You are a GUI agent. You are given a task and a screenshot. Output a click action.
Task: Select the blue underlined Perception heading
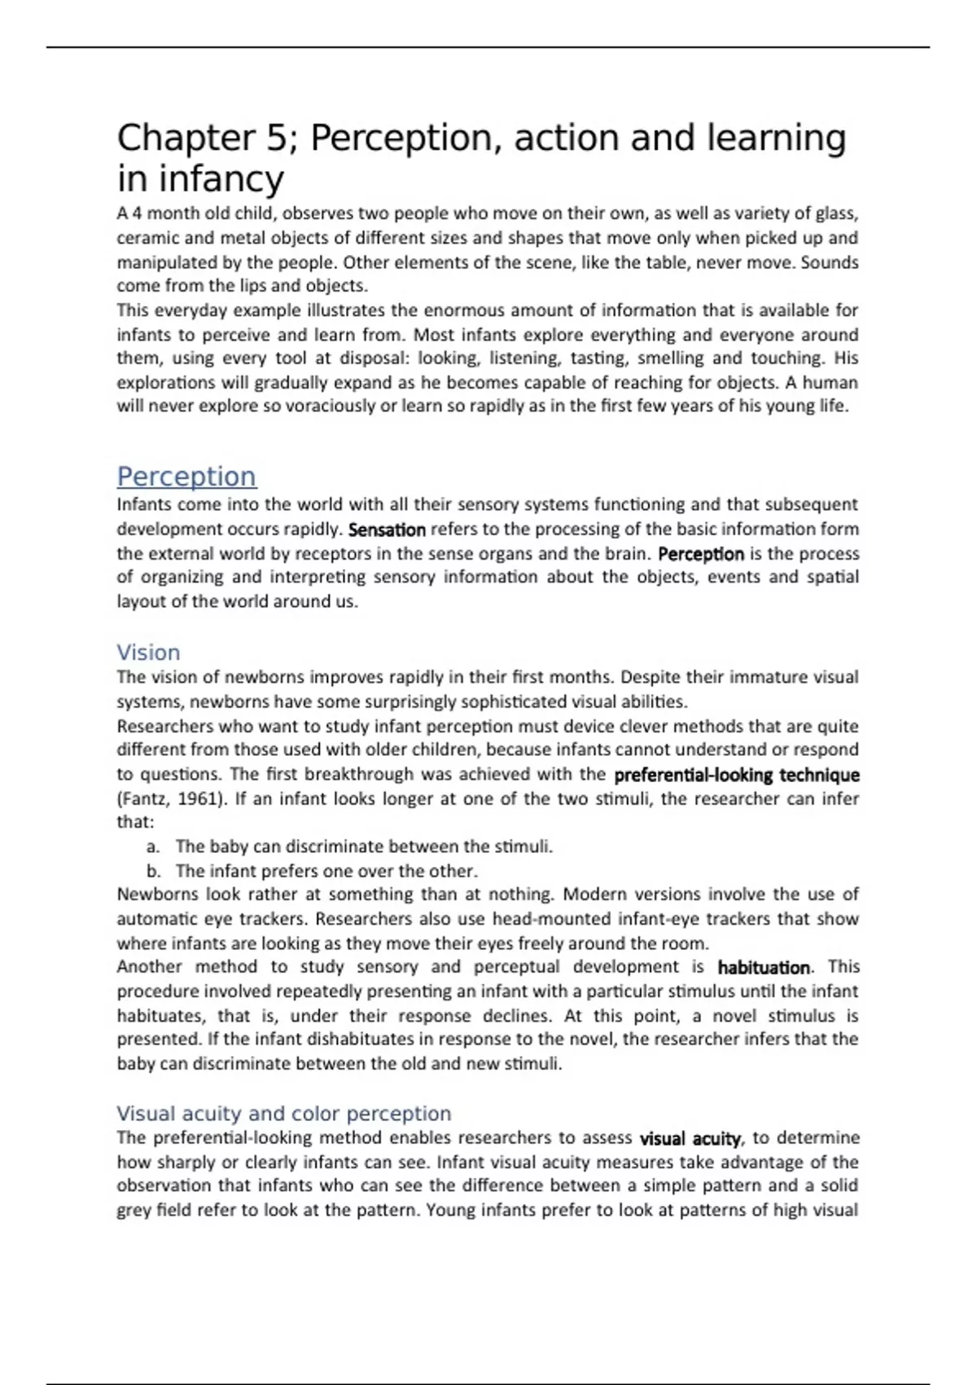186,476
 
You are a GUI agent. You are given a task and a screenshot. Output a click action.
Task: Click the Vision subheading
148,653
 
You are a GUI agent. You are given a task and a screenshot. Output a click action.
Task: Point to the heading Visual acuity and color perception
283,1113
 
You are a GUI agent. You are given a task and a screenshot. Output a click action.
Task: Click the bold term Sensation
387,530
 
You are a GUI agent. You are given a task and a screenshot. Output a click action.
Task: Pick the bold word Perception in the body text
700,554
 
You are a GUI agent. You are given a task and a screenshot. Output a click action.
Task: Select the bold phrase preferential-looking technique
736,775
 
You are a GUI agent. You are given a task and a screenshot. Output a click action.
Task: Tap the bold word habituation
764,967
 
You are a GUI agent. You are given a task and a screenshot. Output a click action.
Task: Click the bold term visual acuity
690,1138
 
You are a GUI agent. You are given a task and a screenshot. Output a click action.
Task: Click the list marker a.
152,846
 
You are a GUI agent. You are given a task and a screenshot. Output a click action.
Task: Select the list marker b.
153,871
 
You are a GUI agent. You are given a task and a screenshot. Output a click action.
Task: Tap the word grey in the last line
134,1210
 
